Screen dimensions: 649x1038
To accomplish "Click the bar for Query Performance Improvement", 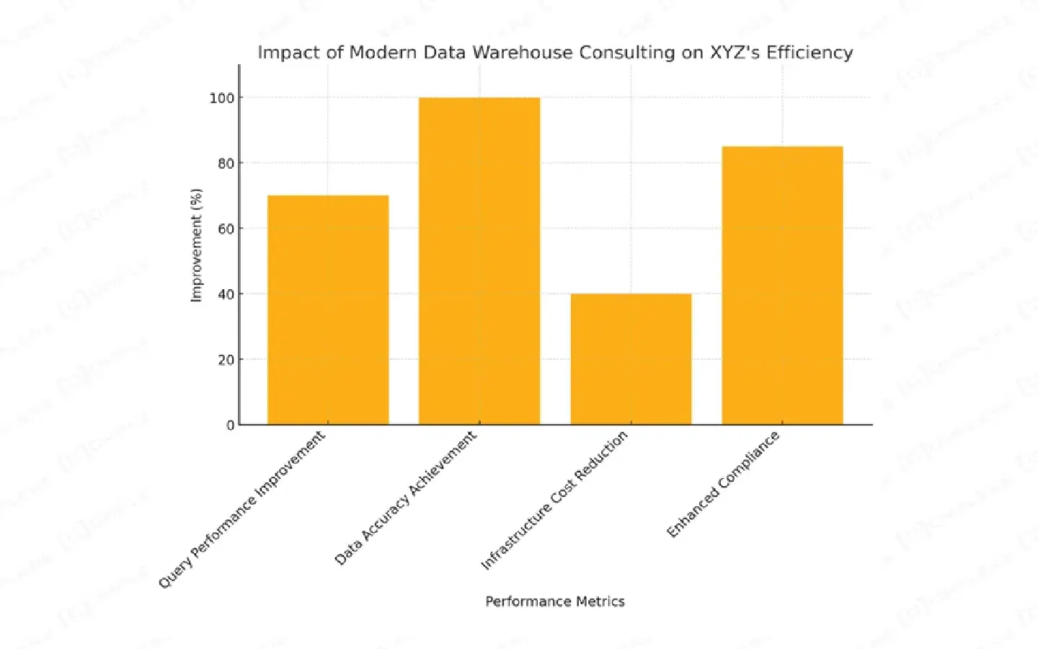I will pos(328,310).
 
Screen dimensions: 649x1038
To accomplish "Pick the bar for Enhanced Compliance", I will pos(782,286).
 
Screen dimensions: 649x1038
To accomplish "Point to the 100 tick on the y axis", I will pos(222,98).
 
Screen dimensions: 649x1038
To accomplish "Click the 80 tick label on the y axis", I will pos(226,164).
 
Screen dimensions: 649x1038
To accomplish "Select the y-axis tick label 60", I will pos(226,229).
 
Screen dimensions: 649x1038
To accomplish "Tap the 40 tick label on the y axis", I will pos(226,294).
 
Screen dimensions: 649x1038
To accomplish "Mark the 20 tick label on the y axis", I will pos(226,360).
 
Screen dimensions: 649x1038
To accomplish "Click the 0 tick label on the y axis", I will pos(230,425).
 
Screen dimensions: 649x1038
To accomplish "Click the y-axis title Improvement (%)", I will pos(196,245).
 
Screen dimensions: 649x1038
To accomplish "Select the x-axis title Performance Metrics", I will pos(555,601).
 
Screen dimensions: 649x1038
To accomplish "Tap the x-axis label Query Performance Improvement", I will pos(242,509).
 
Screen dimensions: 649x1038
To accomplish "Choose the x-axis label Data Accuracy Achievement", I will pos(406,498).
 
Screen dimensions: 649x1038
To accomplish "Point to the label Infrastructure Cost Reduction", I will pos(554,500).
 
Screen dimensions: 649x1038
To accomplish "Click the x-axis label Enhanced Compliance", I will pos(723,484).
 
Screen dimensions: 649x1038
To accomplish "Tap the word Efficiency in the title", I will pos(809,53).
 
